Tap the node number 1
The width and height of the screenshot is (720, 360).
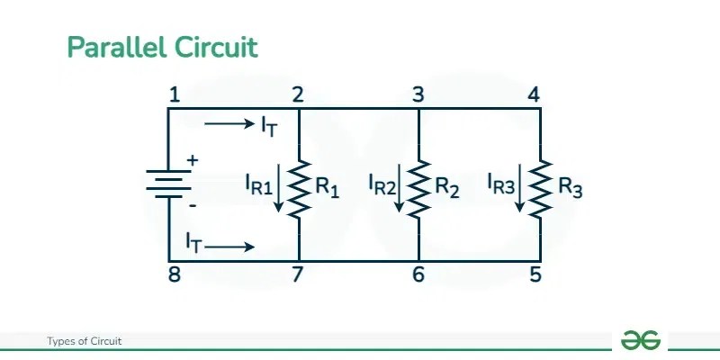tap(175, 94)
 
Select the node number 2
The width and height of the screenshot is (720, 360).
tap(297, 94)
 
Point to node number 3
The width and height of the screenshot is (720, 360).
tap(418, 94)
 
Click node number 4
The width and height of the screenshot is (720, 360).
tap(535, 94)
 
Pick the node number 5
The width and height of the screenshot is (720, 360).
tap(535, 275)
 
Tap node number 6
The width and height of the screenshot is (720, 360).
tap(418, 275)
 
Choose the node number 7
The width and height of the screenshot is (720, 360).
tap(297, 275)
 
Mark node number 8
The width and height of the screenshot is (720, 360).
tap(175, 275)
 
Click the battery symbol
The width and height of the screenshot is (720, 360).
tap(168, 184)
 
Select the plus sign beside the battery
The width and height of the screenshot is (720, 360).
tap(192, 161)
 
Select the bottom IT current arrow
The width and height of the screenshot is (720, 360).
tap(233, 246)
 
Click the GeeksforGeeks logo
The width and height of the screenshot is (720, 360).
tap(640, 340)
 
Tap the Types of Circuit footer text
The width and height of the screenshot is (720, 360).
tap(84, 341)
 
